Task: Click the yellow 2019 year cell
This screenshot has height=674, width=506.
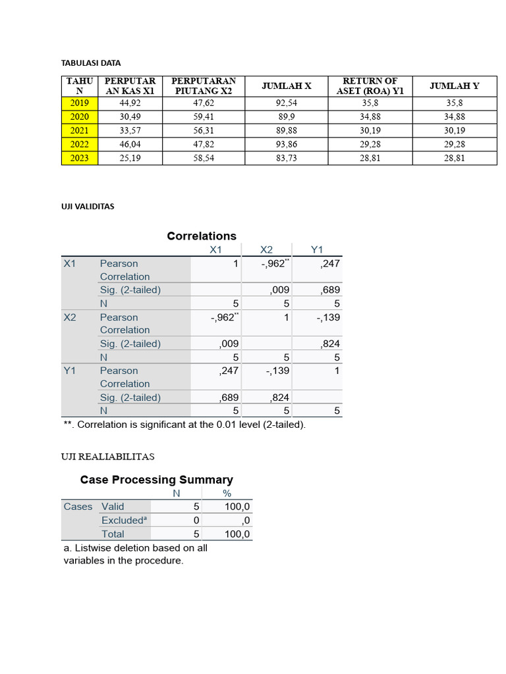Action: click(79, 103)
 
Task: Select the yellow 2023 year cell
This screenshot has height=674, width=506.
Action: click(79, 158)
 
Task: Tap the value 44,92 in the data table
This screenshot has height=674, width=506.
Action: click(130, 103)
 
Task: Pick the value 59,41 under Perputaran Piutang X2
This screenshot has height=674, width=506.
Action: click(203, 117)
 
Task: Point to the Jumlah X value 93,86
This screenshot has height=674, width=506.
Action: click(286, 144)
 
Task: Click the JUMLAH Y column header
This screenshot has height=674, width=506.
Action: click(454, 86)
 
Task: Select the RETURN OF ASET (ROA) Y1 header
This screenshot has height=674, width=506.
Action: click(370, 86)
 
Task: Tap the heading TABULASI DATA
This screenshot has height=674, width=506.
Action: click(91, 63)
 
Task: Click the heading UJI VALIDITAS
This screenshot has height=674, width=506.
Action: click(88, 206)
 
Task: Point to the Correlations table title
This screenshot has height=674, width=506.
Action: click(202, 236)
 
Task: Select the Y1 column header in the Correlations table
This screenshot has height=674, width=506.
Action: click(317, 249)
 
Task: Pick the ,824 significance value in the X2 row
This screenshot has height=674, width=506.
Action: click(330, 344)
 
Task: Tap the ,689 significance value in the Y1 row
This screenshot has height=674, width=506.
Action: click(229, 398)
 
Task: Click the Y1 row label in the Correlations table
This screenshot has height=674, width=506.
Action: click(70, 371)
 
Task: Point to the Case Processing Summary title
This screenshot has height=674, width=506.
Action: click(156, 480)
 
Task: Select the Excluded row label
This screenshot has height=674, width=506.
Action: click(123, 520)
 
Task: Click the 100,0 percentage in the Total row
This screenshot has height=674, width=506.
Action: click(237, 534)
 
